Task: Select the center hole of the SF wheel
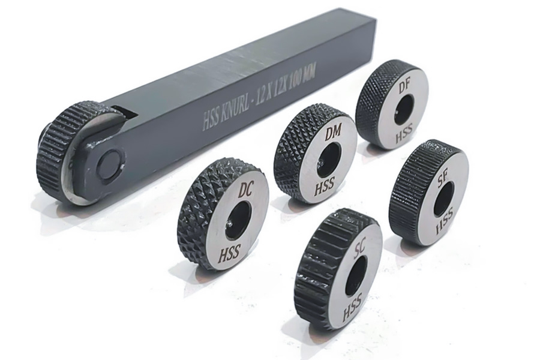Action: pos(443,199)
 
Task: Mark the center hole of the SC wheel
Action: pos(355,275)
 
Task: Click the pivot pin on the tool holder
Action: pos(111,161)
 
